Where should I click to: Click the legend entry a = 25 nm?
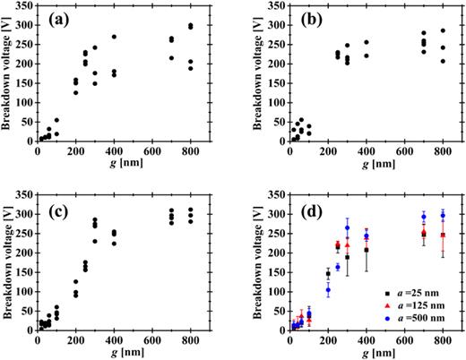[x=417, y=292]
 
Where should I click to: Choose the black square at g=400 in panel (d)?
[x=366, y=250]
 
